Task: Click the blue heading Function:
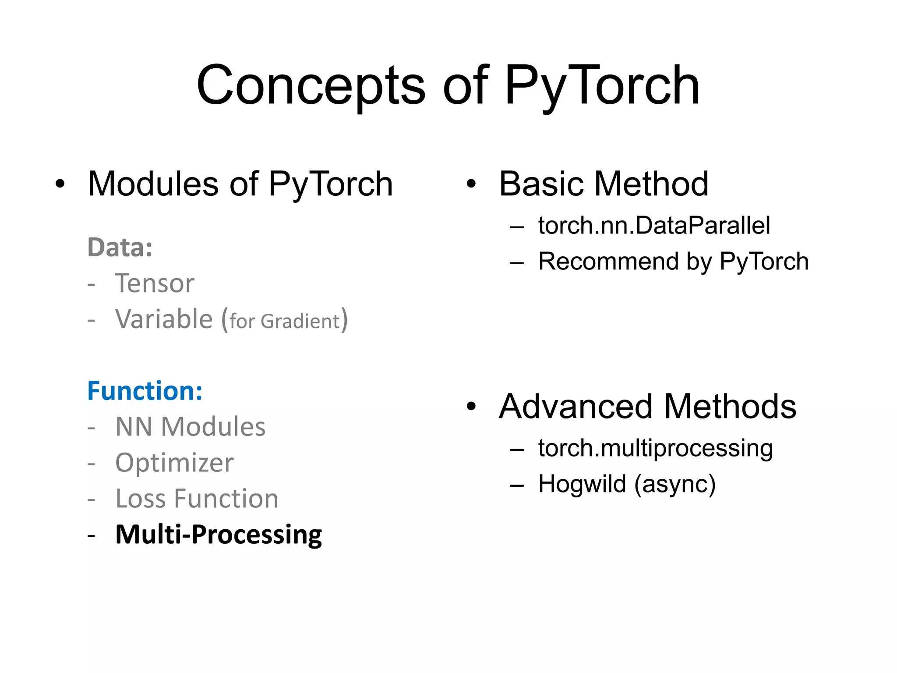[x=145, y=391]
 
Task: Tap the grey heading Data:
[x=120, y=248]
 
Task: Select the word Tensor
[x=154, y=283]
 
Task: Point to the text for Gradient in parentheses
[x=285, y=321]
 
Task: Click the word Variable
[x=164, y=319]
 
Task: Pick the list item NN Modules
[x=190, y=427]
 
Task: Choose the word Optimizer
[x=174, y=463]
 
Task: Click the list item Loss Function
[x=197, y=499]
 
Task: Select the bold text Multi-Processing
[x=219, y=535]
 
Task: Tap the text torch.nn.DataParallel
[x=654, y=226]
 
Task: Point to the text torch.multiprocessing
[x=656, y=448]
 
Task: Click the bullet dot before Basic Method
[x=471, y=184]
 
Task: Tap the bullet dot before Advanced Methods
[x=471, y=407]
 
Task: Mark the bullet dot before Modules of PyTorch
[x=60, y=184]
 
